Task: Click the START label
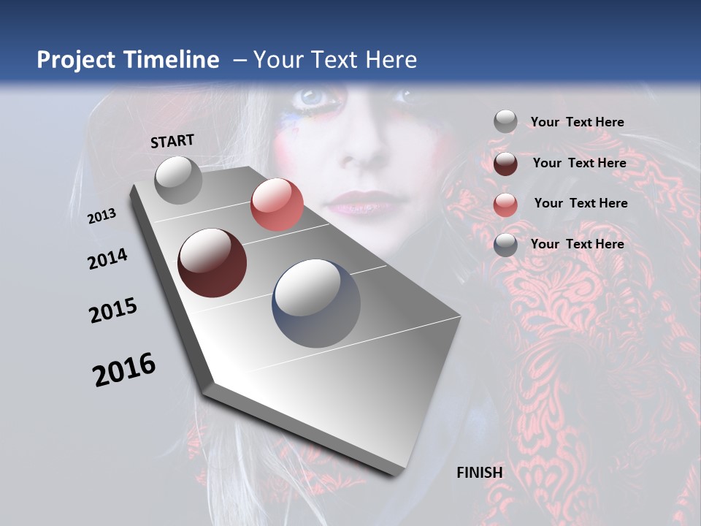click(x=172, y=141)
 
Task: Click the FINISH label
click(x=480, y=472)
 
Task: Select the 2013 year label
click(x=102, y=216)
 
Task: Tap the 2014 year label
click(x=108, y=259)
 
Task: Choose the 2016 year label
click(x=124, y=370)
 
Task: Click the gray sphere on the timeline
click(x=179, y=180)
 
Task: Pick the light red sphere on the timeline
click(x=277, y=205)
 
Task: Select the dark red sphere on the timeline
click(x=212, y=263)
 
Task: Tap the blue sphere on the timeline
click(x=316, y=303)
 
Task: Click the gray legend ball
click(x=505, y=122)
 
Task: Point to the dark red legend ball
click(x=505, y=163)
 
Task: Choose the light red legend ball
click(x=505, y=204)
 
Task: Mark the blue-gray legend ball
click(x=505, y=244)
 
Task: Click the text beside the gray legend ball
click(x=577, y=122)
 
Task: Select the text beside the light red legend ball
click(x=581, y=203)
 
